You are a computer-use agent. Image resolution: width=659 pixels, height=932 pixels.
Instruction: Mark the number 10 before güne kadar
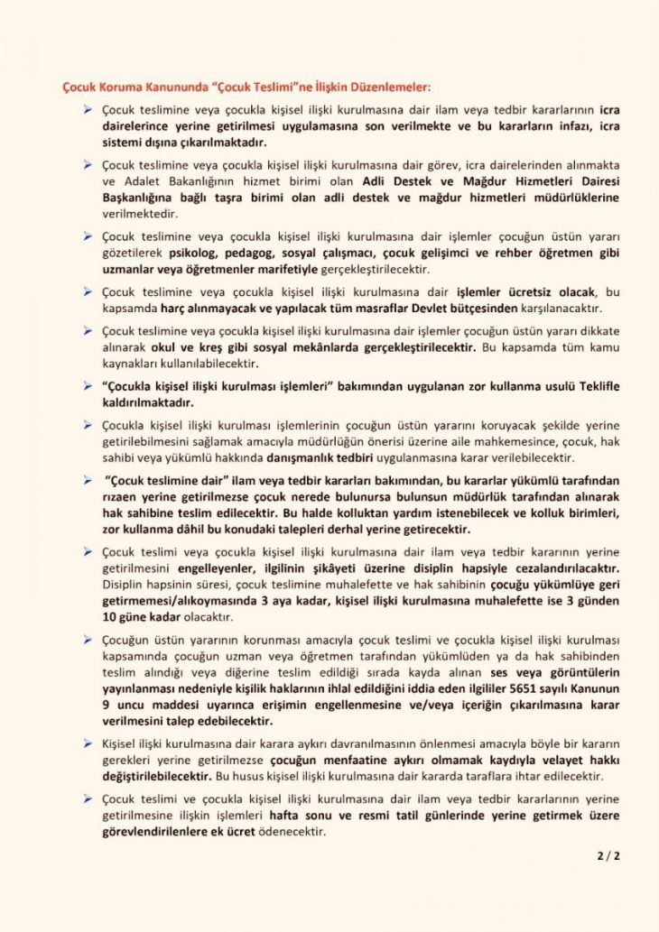(x=113, y=618)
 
